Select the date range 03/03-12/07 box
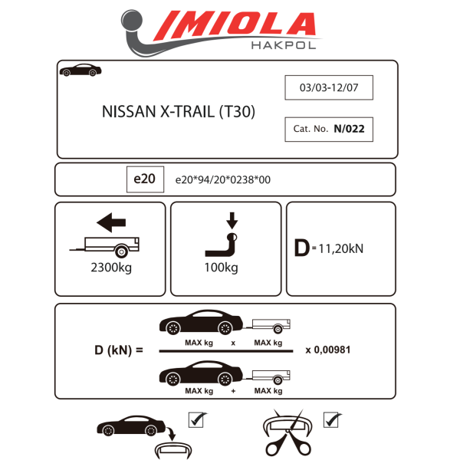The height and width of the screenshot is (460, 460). click(329, 88)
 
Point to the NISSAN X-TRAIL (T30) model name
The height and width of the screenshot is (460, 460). click(179, 110)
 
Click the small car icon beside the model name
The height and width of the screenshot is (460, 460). click(80, 70)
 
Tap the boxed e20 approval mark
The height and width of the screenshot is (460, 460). click(144, 179)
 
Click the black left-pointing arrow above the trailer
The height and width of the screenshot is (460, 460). click(111, 224)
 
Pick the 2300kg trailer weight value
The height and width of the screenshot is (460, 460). click(110, 268)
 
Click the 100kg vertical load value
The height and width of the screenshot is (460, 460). click(222, 268)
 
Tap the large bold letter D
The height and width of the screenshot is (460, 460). click(301, 248)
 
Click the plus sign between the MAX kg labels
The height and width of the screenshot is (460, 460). click(233, 392)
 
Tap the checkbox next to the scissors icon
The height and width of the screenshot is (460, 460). click(332, 420)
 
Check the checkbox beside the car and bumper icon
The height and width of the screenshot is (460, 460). click(196, 421)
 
